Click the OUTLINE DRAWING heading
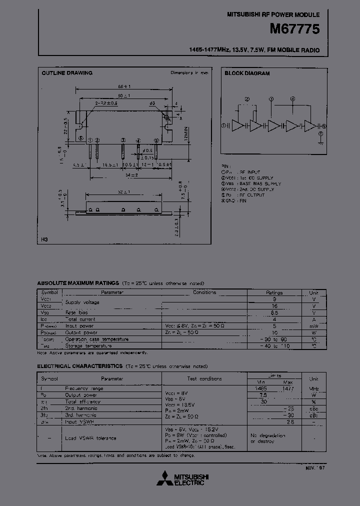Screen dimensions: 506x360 coord(66,73)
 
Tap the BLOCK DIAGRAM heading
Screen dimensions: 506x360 coord(247,73)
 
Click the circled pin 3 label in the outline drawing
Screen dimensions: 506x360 coord(123,140)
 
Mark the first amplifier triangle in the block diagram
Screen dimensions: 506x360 coord(237,126)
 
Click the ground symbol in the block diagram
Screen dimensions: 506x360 coord(319,141)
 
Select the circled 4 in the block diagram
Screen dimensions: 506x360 coord(293,99)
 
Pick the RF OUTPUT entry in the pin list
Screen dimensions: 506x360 coord(250,195)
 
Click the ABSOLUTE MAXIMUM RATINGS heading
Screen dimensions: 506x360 coord(78,283)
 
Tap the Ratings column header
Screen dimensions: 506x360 coord(274,292)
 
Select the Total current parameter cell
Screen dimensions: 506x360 coord(80,319)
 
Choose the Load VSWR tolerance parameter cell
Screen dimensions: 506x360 coord(90,438)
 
